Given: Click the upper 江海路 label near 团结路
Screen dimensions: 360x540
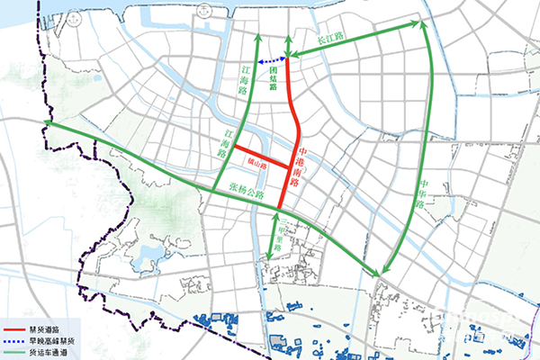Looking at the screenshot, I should click(x=243, y=79).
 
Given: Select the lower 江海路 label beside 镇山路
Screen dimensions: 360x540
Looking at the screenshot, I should click(x=226, y=143).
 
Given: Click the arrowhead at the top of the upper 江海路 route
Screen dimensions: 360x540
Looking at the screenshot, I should click(x=256, y=38).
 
